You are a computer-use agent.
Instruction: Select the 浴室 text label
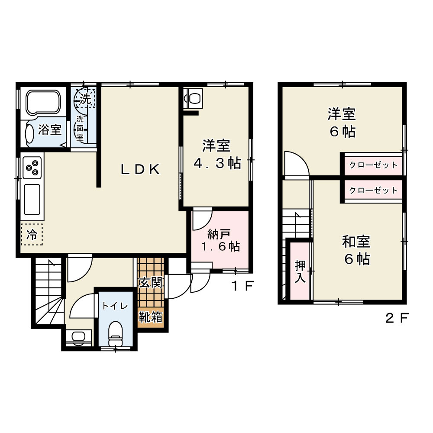coord(49,129)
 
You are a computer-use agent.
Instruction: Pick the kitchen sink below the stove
coord(32,199)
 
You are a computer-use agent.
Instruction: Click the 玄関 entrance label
coord(150,283)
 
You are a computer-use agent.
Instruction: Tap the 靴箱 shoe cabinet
coord(150,317)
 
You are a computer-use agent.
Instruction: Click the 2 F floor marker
coord(397,319)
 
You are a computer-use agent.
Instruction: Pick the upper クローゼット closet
coord(373,165)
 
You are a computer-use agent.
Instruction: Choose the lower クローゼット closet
coord(373,190)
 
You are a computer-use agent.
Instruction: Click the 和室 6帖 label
coord(356,250)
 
